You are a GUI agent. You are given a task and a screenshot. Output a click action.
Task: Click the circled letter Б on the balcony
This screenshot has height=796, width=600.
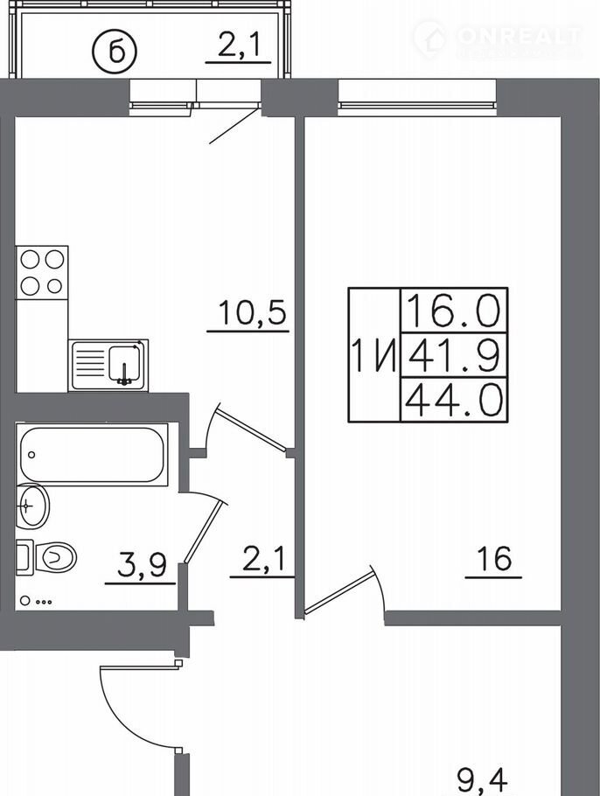tap(115, 51)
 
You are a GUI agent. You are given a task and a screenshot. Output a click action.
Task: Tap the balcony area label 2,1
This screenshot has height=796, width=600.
tap(238, 45)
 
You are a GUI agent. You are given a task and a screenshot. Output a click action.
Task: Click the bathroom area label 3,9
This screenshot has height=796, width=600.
tap(142, 565)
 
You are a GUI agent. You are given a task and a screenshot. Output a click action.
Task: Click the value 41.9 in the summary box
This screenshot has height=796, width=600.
tap(454, 355)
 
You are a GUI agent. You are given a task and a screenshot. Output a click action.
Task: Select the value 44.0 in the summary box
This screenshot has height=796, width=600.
tap(454, 400)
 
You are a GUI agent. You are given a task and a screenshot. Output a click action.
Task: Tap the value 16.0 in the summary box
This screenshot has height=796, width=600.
tap(454, 311)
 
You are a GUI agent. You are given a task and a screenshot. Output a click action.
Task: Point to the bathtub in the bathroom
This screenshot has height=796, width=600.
tap(92, 454)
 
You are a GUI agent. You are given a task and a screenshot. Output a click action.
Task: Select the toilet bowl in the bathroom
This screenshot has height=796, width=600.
tap(55, 557)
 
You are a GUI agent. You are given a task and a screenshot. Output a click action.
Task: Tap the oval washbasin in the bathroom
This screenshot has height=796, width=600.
tap(31, 506)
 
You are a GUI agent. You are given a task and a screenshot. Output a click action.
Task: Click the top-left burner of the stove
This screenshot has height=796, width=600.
tap(30, 260)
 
